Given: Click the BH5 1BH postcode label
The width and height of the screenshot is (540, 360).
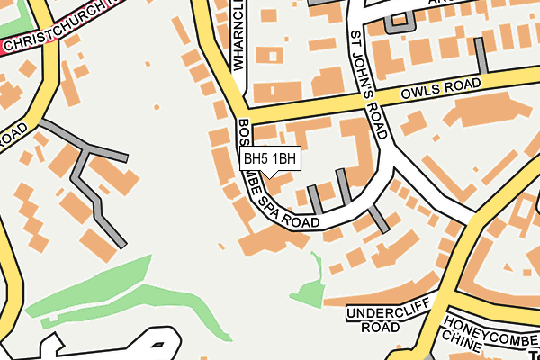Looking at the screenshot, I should point(270,158).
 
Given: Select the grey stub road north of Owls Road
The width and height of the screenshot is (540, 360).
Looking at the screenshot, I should point(482,56).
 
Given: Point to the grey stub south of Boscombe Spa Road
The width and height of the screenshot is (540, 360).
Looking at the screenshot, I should point(378,219).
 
